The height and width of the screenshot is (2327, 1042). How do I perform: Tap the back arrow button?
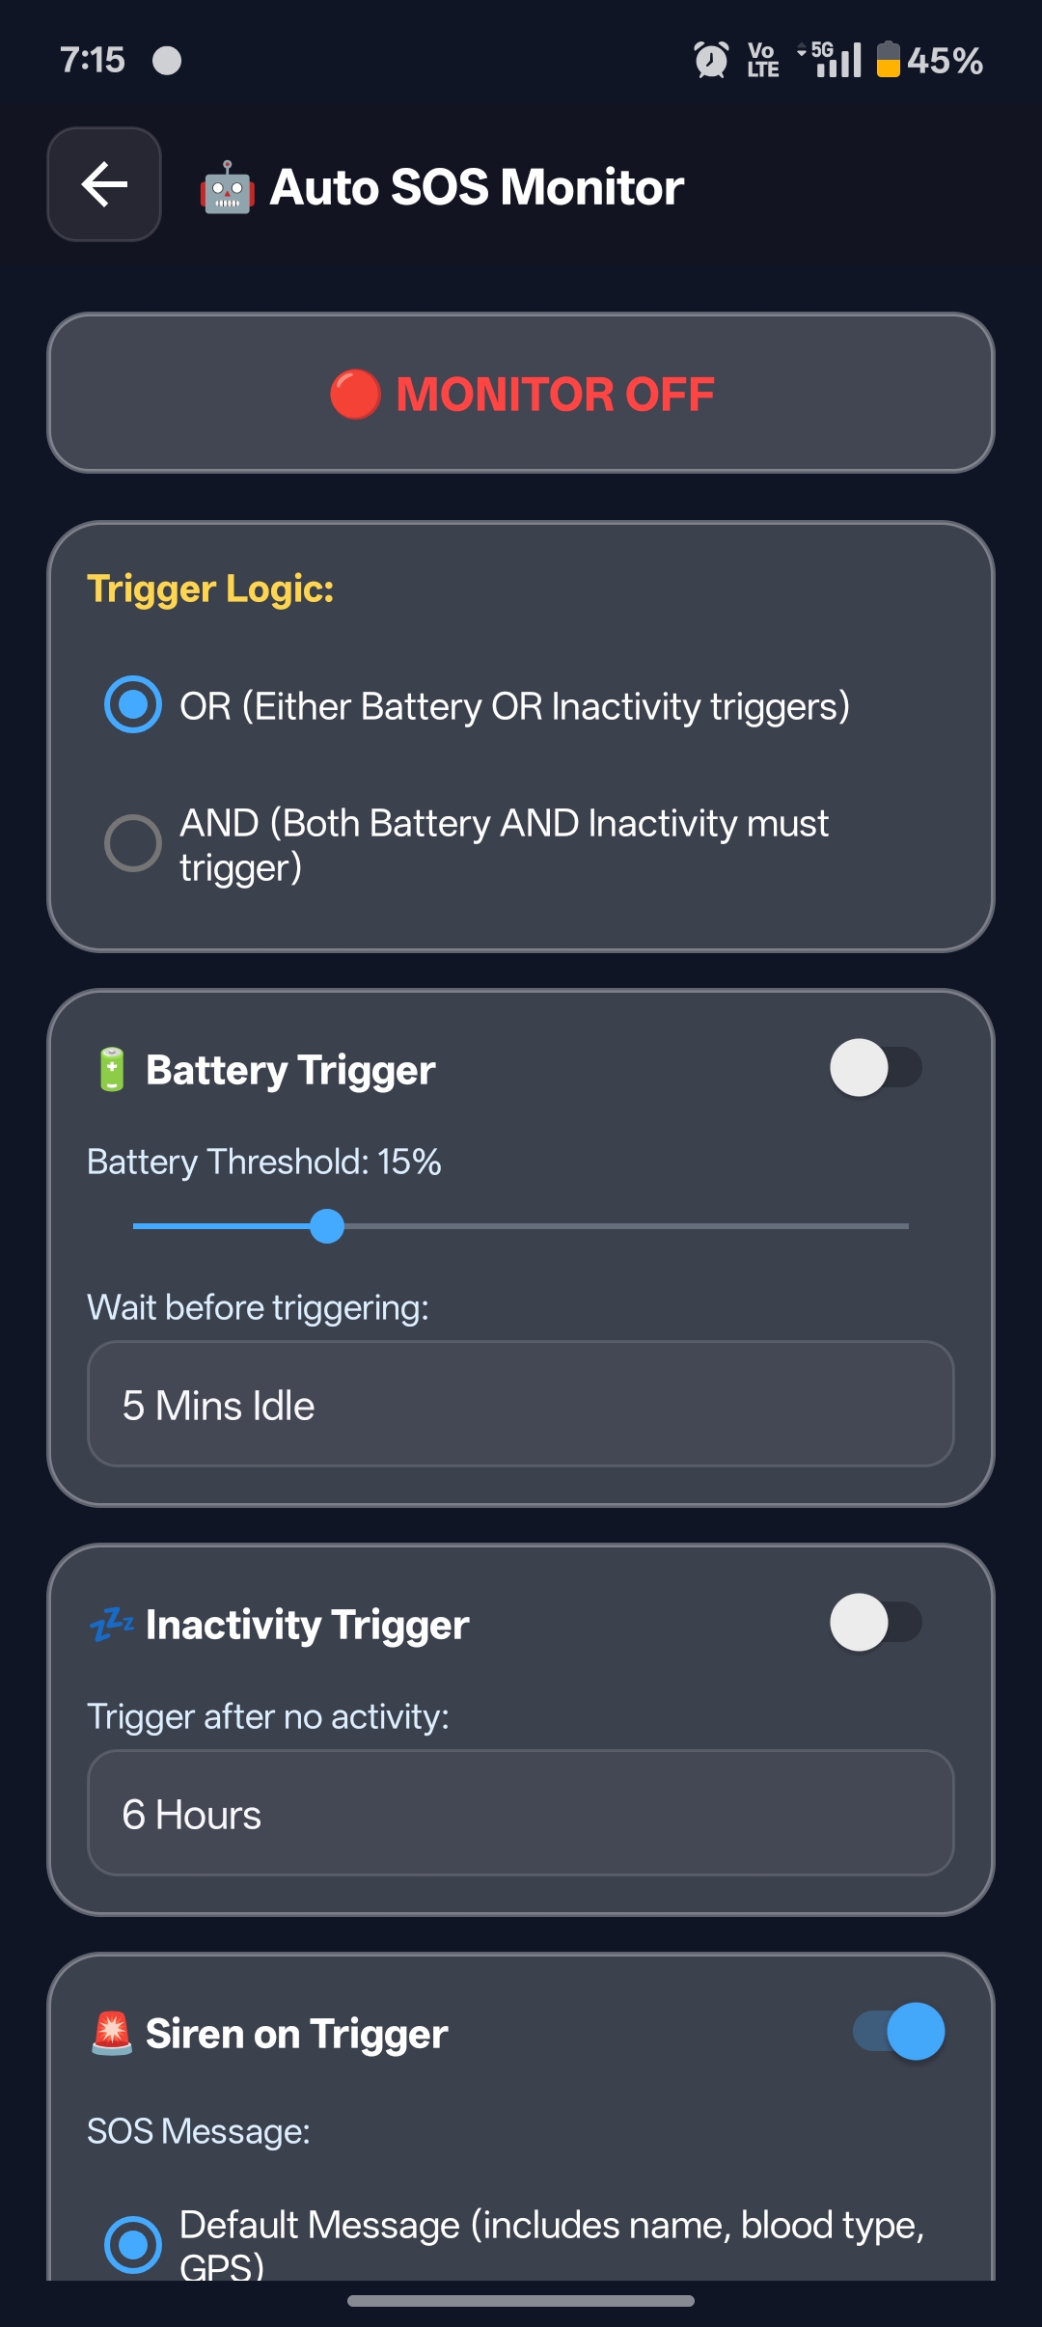tap(104, 184)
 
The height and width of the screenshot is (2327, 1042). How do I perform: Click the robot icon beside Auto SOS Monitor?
tap(227, 187)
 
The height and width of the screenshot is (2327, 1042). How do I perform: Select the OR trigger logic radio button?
tap(133, 705)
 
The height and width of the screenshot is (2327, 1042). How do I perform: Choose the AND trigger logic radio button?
tap(133, 843)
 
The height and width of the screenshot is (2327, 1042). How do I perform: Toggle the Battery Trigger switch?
tap(875, 1068)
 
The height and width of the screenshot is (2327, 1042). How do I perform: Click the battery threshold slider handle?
tap(327, 1226)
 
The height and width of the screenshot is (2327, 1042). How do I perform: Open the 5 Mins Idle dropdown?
tap(521, 1405)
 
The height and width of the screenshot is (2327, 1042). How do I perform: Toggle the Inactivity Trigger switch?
tap(875, 1623)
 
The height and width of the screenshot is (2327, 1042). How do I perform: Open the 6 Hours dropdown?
tap(521, 1814)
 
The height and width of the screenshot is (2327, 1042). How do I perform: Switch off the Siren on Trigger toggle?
tap(898, 2032)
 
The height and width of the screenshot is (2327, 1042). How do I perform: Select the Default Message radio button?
tap(133, 2244)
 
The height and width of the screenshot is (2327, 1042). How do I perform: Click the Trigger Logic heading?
tap(210, 589)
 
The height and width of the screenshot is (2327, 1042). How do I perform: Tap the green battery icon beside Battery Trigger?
tap(112, 1069)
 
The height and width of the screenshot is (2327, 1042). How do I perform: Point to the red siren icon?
tap(112, 2033)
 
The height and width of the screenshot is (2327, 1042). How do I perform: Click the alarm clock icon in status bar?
tap(711, 60)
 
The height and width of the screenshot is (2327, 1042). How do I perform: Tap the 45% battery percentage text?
tap(945, 61)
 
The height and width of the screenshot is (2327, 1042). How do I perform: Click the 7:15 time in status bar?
tap(93, 60)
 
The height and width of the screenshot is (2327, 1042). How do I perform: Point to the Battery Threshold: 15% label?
tap(264, 1162)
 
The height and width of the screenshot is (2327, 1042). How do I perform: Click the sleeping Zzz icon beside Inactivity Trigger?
tap(112, 1625)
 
